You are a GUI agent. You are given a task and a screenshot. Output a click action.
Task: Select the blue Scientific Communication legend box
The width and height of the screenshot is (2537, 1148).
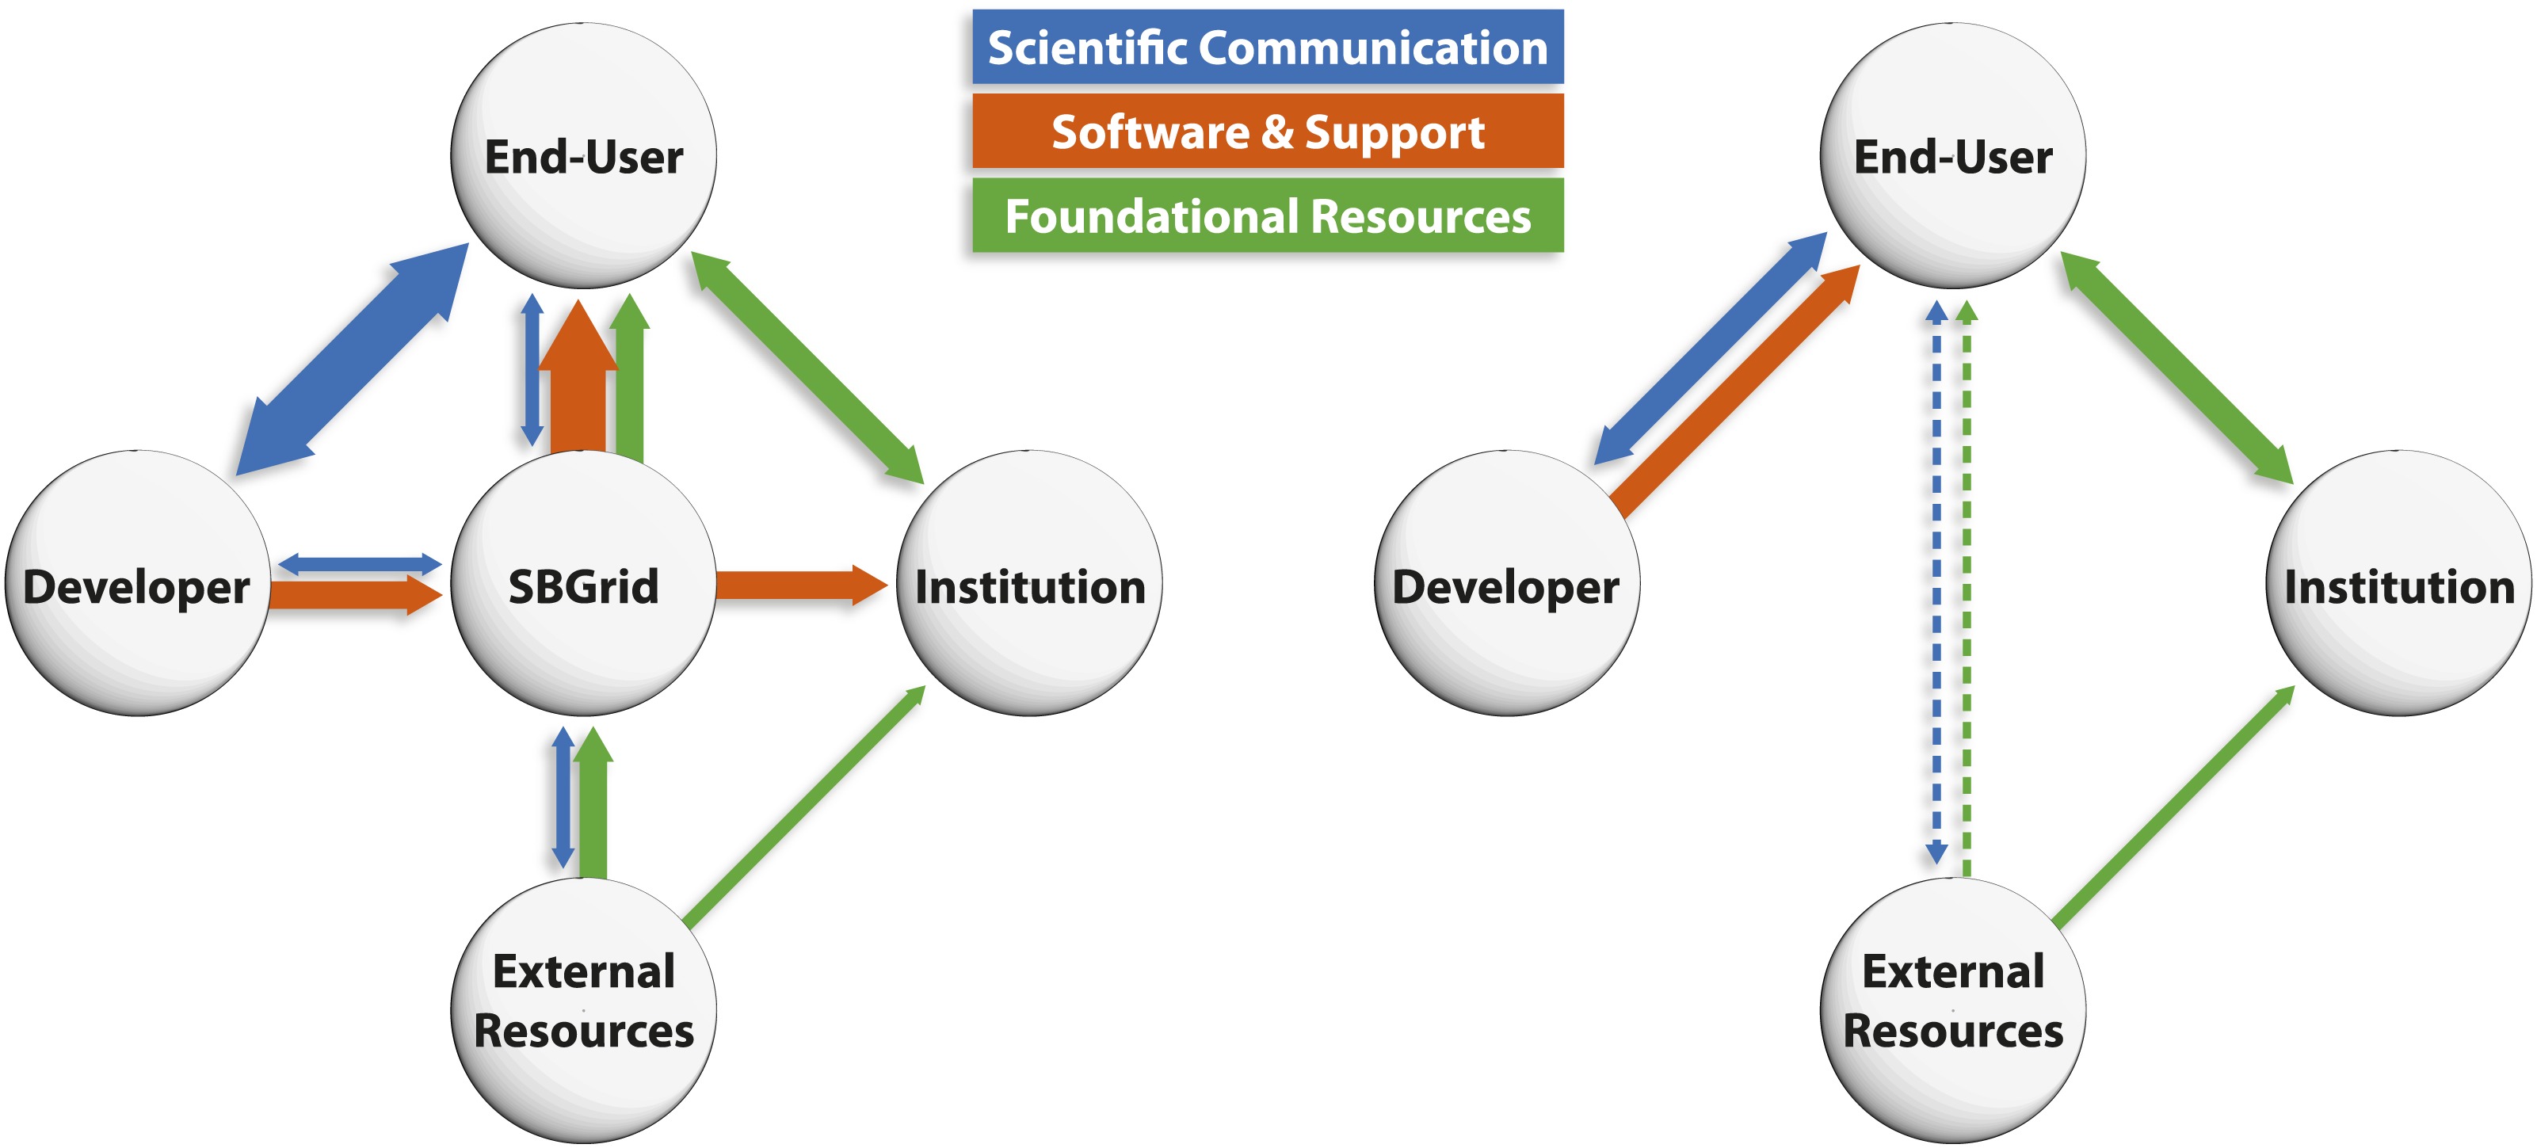click(x=1267, y=48)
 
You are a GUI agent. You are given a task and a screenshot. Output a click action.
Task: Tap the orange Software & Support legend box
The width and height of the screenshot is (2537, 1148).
click(x=1267, y=131)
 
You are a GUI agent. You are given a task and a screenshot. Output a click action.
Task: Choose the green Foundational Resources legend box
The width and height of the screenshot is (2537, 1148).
click(x=1267, y=215)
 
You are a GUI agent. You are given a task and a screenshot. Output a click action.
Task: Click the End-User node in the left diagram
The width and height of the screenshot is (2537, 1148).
click(x=583, y=155)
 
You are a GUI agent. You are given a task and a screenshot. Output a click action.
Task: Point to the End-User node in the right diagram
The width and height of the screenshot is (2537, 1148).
click(x=1952, y=155)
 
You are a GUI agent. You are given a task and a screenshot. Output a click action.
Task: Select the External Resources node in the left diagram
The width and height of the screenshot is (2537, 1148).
click(x=583, y=1009)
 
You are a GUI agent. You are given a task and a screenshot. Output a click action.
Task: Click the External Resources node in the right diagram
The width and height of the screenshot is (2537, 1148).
click(x=1952, y=1009)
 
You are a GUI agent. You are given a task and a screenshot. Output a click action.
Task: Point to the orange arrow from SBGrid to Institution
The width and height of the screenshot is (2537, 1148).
click(x=798, y=585)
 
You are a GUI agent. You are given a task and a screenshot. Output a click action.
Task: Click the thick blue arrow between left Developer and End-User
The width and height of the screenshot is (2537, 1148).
click(x=352, y=360)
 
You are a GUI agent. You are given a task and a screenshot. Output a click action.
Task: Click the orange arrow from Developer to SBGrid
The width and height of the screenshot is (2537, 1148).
click(x=354, y=595)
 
